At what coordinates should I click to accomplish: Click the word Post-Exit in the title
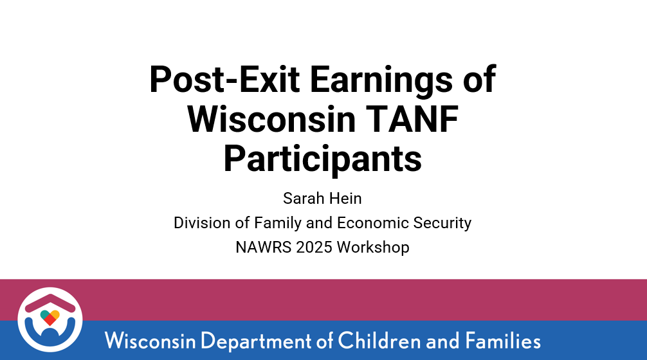(x=224, y=80)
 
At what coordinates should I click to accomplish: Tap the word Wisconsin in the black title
(x=271, y=119)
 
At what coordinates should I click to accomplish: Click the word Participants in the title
(x=323, y=160)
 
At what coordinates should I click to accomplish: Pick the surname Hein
(x=345, y=199)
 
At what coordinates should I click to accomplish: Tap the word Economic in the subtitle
(x=373, y=222)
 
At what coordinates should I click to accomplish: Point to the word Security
(x=442, y=224)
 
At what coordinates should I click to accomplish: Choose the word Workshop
(x=373, y=248)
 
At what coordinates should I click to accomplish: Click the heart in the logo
(x=50, y=318)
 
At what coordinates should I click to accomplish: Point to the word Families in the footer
(x=503, y=341)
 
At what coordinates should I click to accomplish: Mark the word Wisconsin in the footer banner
(x=150, y=341)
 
